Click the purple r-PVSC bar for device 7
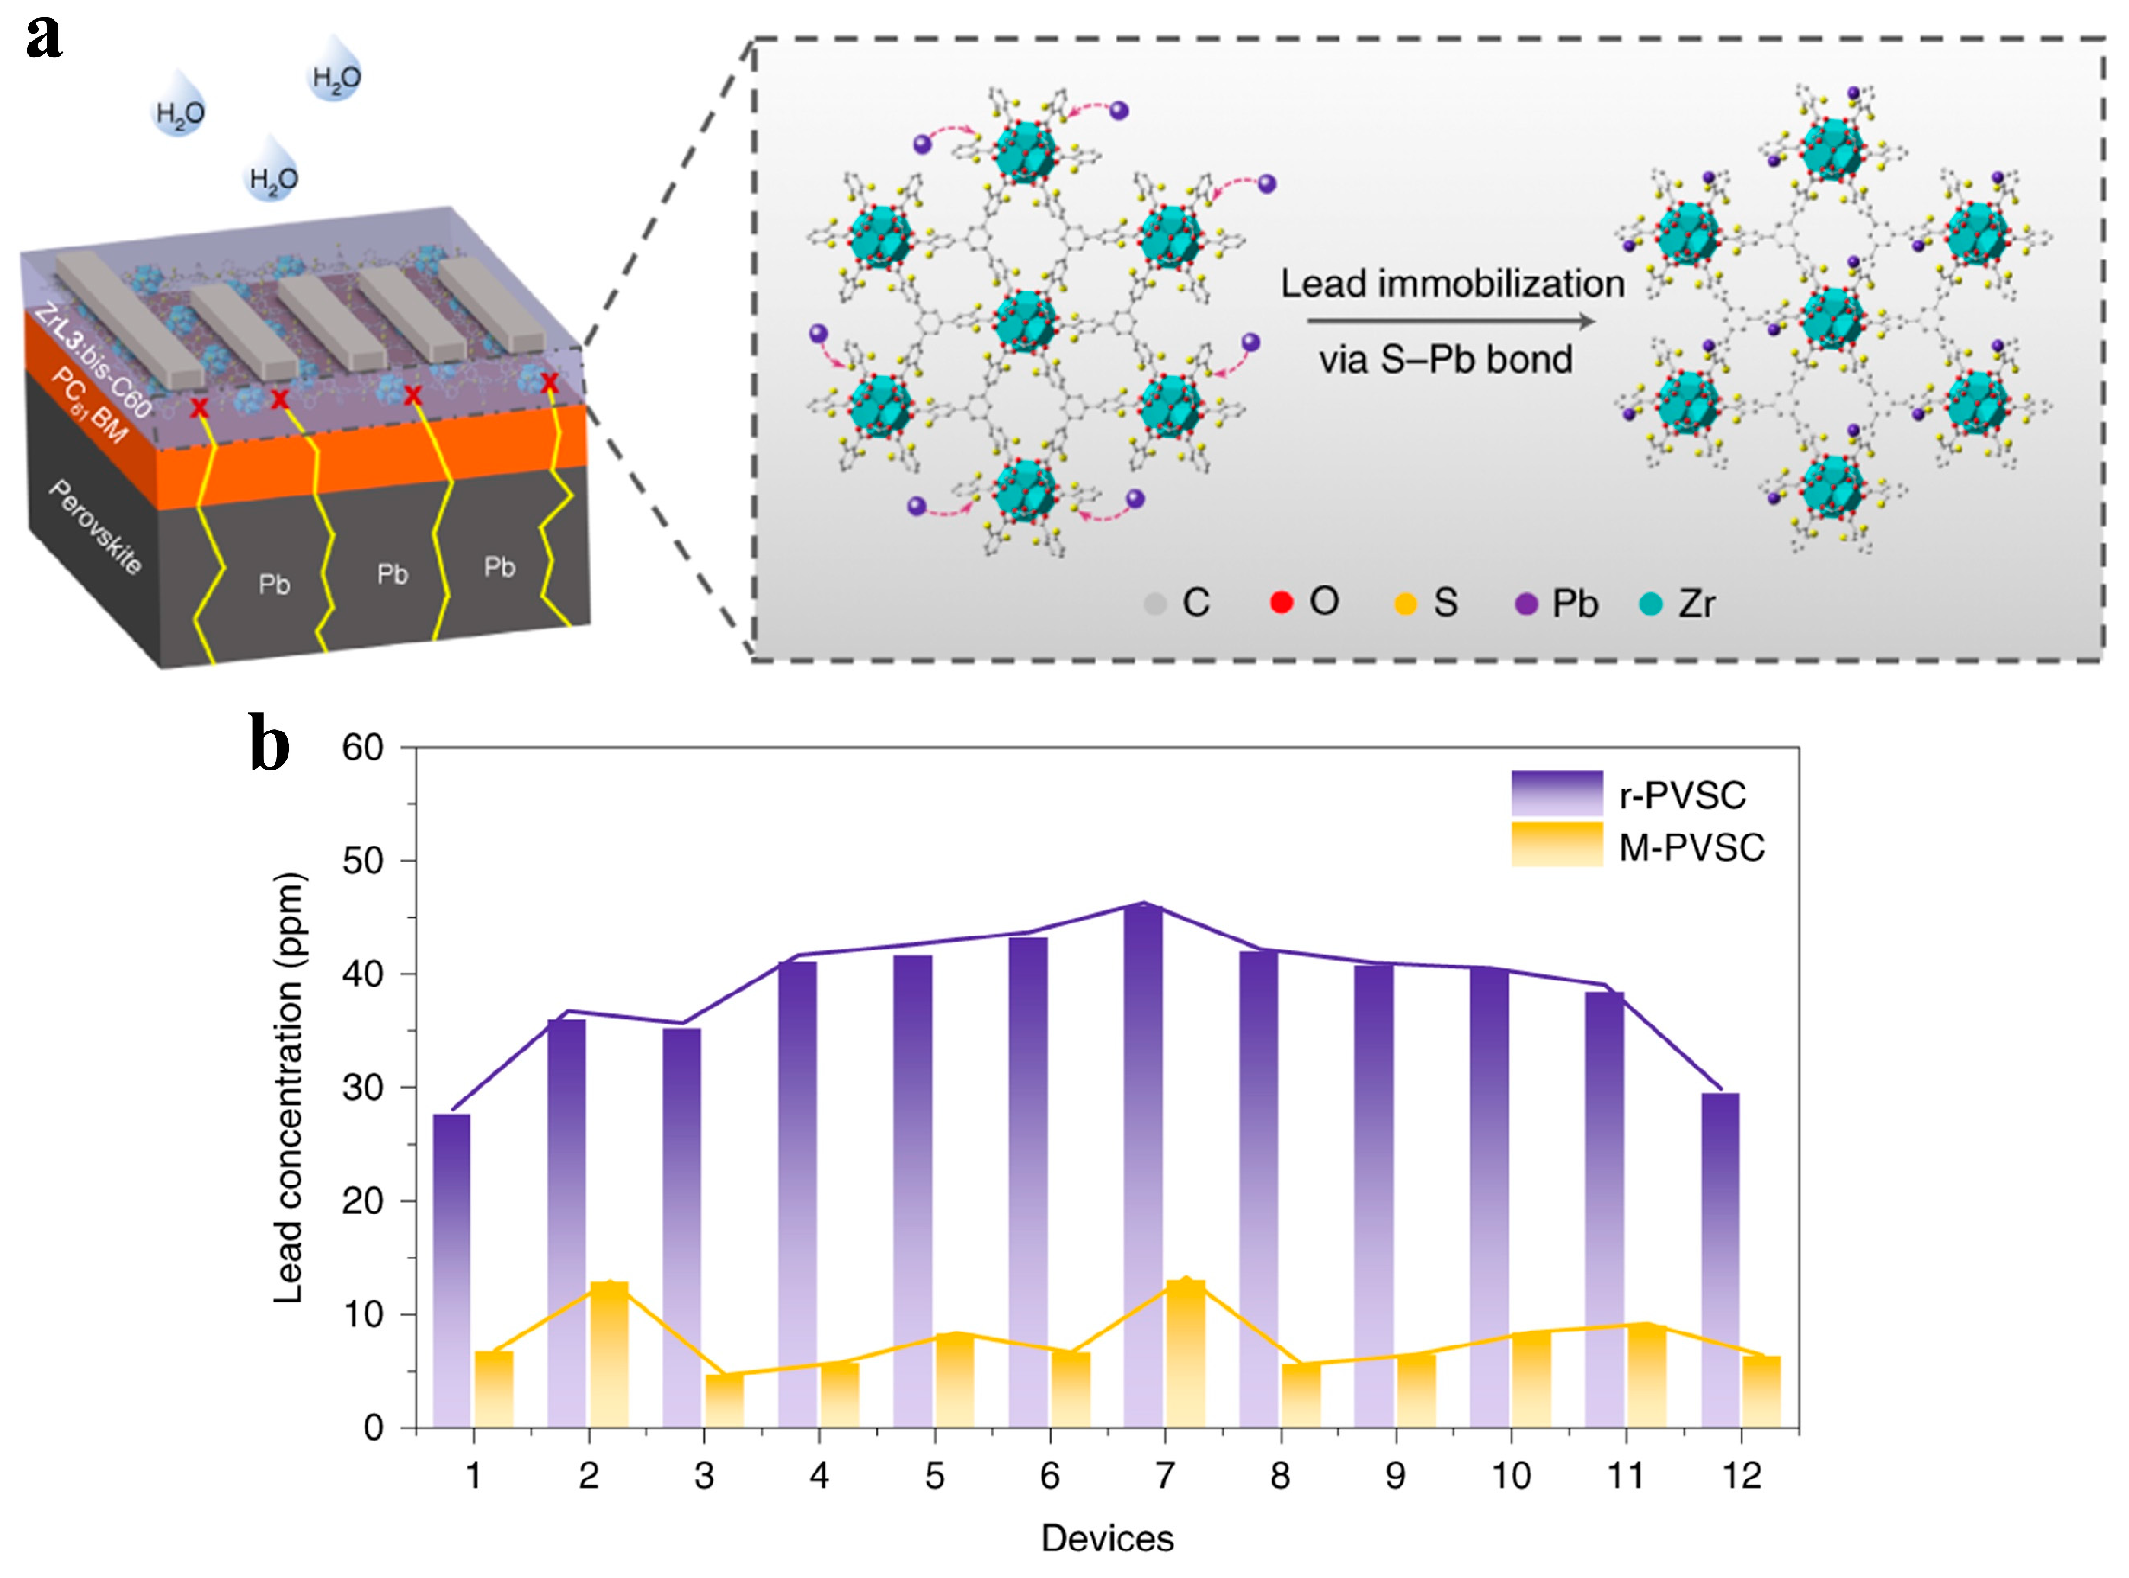coord(1142,1166)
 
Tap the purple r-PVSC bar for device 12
coord(1719,1261)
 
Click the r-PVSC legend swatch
coord(1556,793)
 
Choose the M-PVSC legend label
coord(1691,848)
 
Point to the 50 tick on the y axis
coord(363,860)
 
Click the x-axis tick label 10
coord(1511,1477)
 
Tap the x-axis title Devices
coord(1107,1539)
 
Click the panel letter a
coord(44,38)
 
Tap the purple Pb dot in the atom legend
coord(1526,604)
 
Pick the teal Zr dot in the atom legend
coord(1651,604)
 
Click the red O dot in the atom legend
coord(1281,602)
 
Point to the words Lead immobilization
coord(1452,284)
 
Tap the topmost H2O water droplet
coord(336,72)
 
